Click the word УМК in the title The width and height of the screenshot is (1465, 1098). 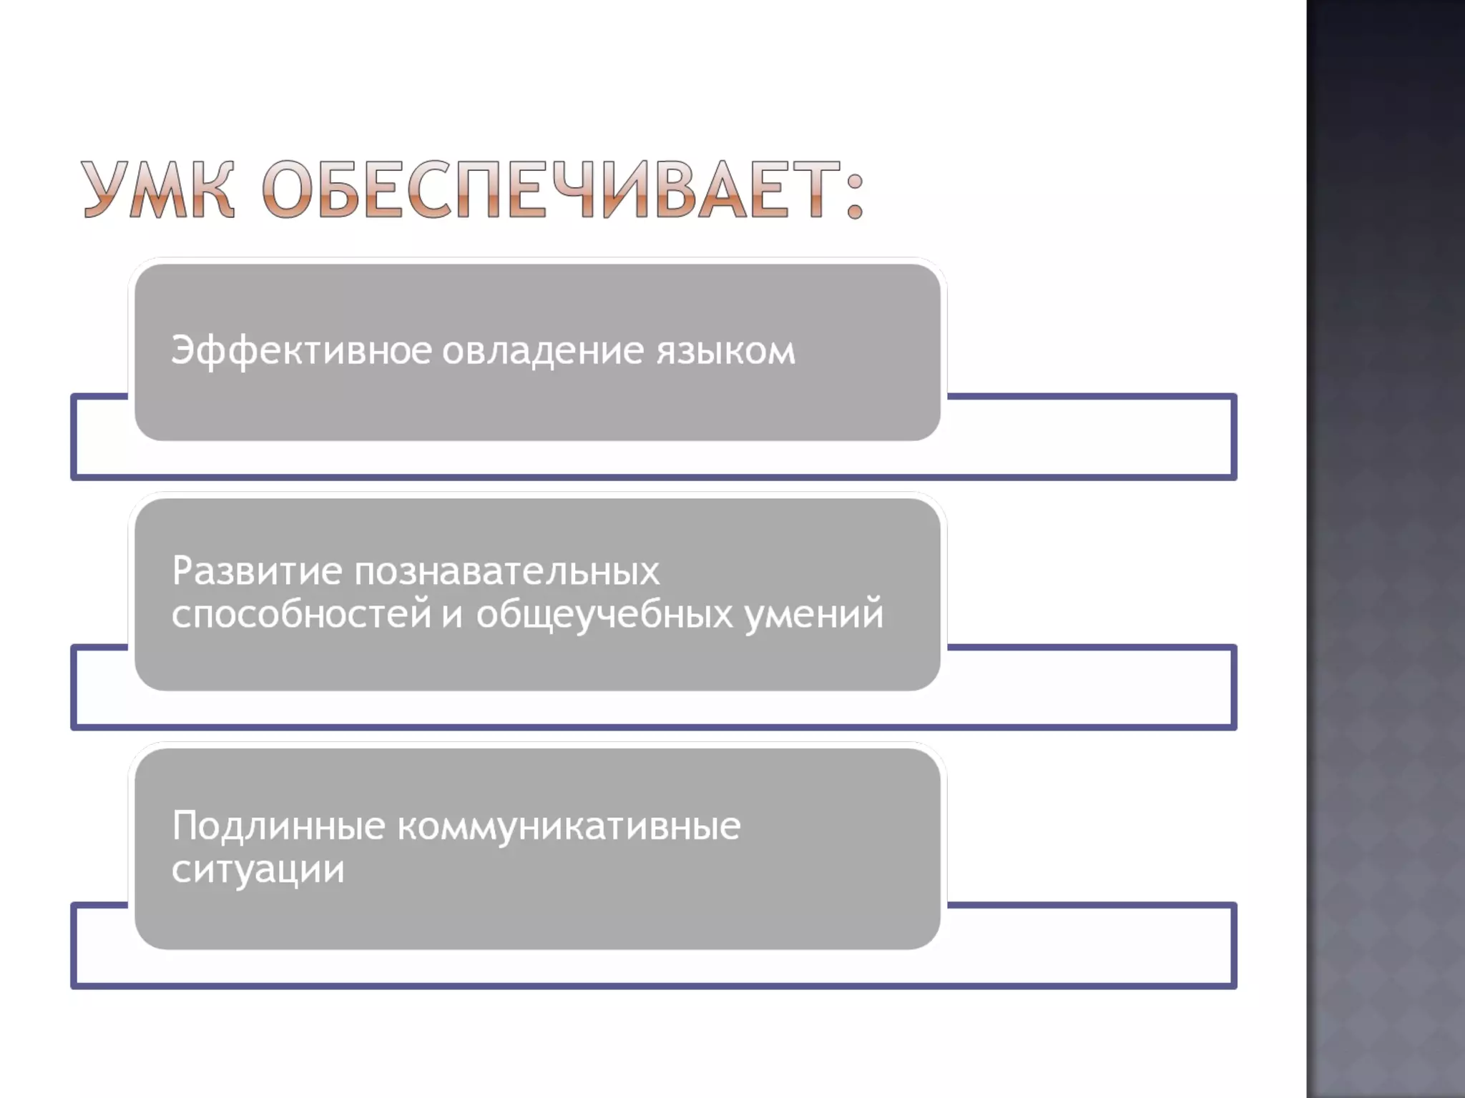click(x=157, y=189)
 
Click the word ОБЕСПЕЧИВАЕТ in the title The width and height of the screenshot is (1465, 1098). click(x=551, y=189)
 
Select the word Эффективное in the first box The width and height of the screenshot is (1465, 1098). click(x=301, y=350)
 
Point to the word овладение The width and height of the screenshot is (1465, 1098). click(x=543, y=350)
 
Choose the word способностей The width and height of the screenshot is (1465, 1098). click(x=301, y=614)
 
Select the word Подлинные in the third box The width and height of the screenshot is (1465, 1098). click(x=279, y=826)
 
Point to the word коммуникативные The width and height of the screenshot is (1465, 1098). click(x=569, y=826)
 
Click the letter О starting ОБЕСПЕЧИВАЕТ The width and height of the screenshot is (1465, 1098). click(x=290, y=189)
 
